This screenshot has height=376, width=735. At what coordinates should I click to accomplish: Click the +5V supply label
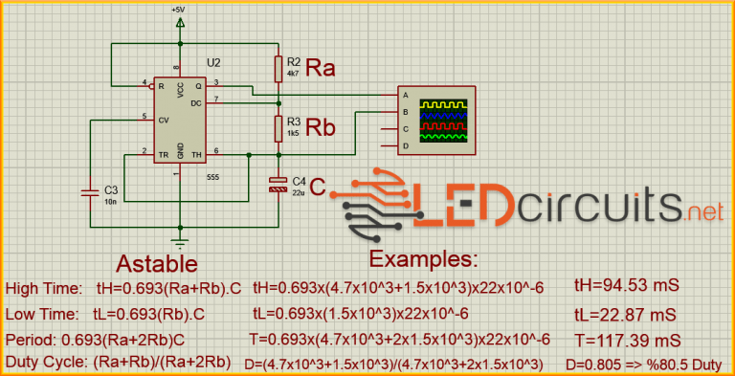pos(178,10)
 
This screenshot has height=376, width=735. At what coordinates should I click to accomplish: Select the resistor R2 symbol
pos(278,68)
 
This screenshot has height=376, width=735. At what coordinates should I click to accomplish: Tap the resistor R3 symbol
pos(278,127)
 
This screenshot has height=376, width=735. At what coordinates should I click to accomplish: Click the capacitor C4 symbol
pos(278,185)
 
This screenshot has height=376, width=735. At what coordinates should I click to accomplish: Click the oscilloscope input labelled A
pos(406,96)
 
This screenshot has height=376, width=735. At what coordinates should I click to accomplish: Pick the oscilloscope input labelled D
pos(406,145)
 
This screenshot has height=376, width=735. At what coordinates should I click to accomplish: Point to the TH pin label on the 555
pos(197,153)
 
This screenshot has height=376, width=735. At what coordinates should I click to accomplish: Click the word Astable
pos(157,264)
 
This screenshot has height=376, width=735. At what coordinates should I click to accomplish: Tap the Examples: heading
pos(423,260)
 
